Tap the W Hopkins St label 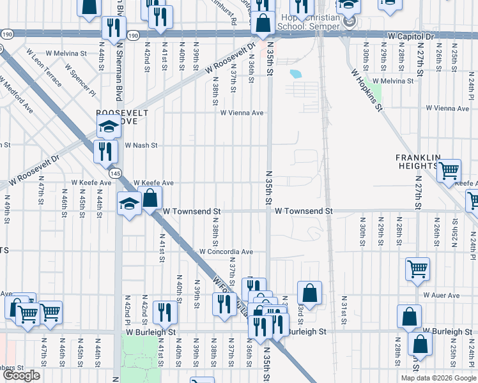point(366,90)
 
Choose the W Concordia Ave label point(226,252)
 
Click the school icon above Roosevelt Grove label point(109,126)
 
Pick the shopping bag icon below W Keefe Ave point(150,199)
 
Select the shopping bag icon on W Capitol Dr point(262,24)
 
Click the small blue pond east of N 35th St point(295,73)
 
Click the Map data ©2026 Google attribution point(438,378)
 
